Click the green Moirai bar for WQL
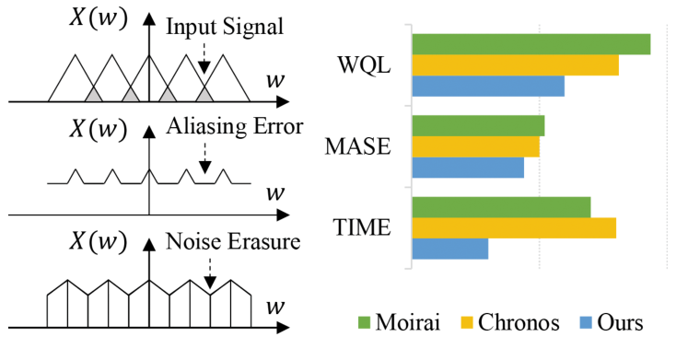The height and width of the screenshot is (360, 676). [530, 44]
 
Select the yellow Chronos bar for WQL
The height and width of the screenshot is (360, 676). [515, 65]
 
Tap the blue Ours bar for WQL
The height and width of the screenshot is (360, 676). [488, 87]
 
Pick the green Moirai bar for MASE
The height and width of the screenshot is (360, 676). [478, 126]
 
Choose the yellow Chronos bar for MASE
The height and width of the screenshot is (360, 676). [475, 146]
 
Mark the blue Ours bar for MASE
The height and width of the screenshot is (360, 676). [468, 168]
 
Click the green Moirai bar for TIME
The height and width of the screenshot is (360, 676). [501, 208]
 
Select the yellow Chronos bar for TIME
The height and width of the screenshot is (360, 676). [514, 228]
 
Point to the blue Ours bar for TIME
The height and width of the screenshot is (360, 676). [449, 250]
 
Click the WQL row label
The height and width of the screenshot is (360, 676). [365, 66]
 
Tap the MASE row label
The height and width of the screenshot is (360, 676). [358, 147]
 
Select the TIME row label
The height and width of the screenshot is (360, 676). [361, 228]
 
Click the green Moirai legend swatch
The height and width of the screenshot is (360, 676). [363, 323]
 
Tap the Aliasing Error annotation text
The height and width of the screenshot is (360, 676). [234, 128]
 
